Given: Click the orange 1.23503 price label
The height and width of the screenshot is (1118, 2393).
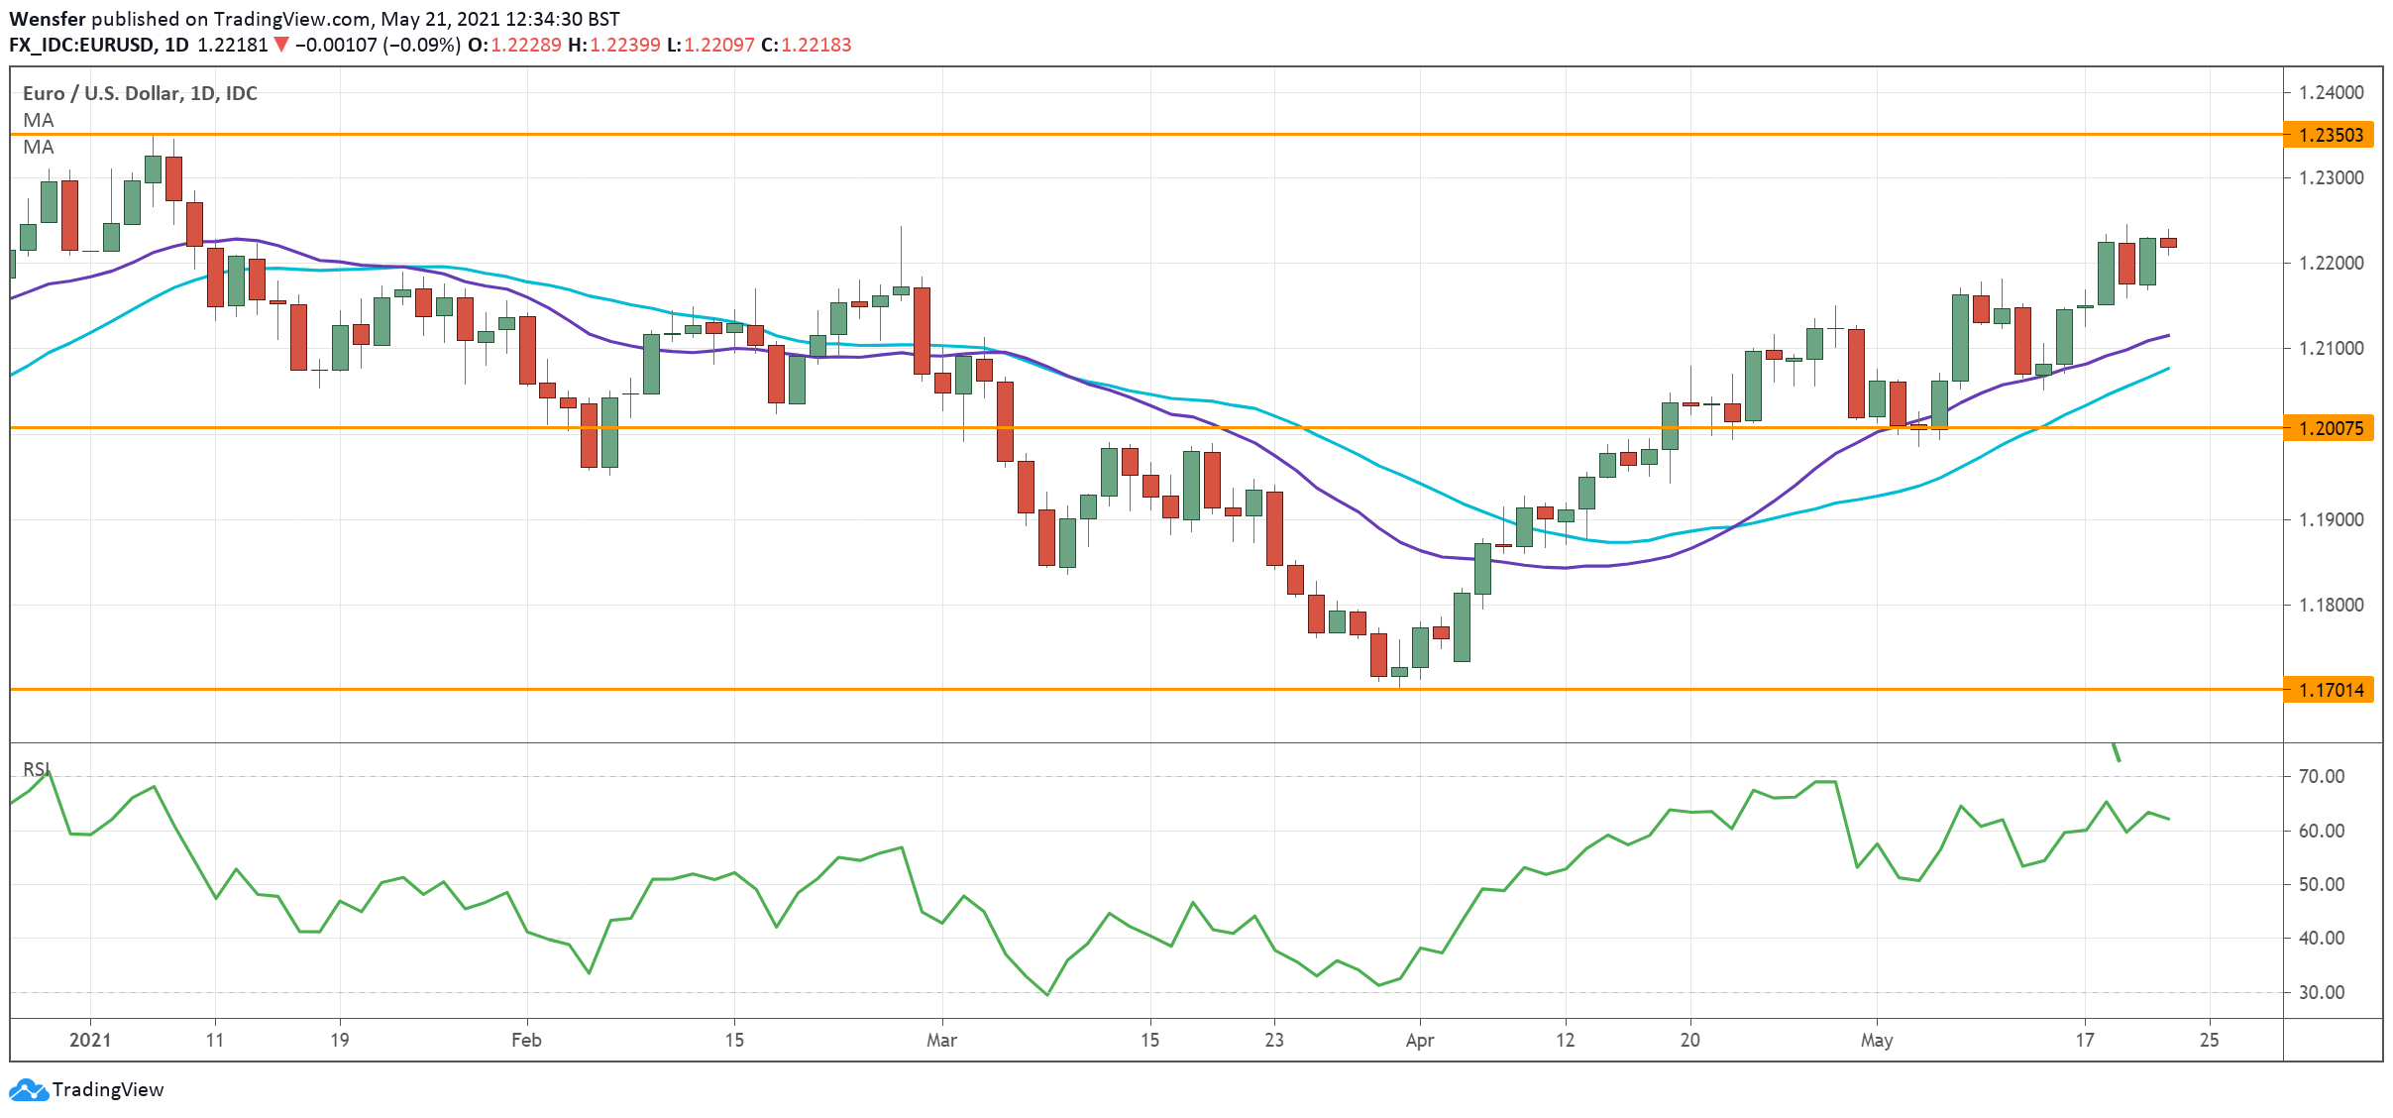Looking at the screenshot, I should pos(2329,135).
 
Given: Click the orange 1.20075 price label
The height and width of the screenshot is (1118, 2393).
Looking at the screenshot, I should pos(2329,428).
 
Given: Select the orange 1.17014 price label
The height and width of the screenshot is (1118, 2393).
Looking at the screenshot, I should pos(2329,690).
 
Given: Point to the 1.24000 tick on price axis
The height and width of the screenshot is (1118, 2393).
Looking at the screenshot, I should pos(2331,92).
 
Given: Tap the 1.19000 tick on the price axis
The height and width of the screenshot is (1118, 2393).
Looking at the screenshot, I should pos(2331,519).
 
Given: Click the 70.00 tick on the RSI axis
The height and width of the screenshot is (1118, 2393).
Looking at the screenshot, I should pos(2321,776).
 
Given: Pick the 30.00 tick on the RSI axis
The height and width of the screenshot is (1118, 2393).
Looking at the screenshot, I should pos(2321,992).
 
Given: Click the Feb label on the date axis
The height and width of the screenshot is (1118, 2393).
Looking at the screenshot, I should pos(526,1040).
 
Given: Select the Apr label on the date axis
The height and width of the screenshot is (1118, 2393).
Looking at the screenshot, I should pos(1420,1040).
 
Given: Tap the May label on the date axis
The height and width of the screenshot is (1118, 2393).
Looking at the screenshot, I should pos(1877,1040).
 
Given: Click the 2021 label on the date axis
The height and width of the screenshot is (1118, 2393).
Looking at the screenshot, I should pos(90,1040).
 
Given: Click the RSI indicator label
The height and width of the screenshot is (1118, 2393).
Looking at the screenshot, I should pos(36,769).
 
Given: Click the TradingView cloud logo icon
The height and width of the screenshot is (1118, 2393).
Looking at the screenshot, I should pos(28,1090).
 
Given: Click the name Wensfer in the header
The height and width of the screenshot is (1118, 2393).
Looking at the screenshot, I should pos(47,19).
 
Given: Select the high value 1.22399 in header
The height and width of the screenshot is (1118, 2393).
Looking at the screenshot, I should pos(624,45).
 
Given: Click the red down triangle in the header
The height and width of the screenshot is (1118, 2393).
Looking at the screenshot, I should pos(281,45).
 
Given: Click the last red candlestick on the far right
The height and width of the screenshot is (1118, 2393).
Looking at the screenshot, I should pos(2168,243).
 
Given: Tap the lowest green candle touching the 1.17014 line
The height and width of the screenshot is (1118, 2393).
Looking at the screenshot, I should pos(1399,672).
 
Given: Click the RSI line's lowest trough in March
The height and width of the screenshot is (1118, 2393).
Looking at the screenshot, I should pos(1047,994).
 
